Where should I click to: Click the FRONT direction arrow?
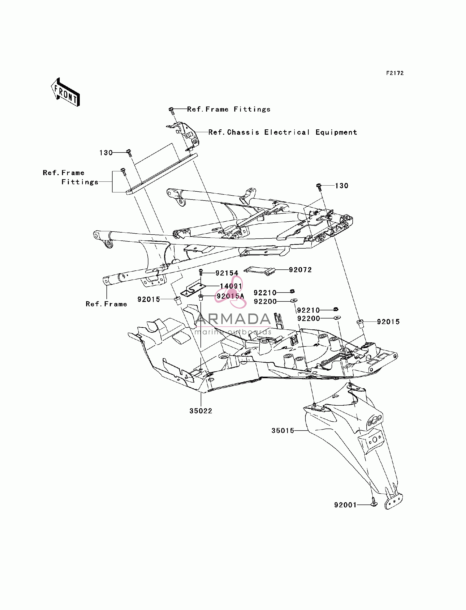click(x=66, y=92)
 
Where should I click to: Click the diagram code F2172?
click(x=395, y=73)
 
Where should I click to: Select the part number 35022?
click(x=201, y=411)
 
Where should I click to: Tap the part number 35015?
click(x=283, y=431)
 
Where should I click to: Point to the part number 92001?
click(x=345, y=505)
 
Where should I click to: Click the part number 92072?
click(x=300, y=270)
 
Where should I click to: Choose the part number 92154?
click(x=227, y=273)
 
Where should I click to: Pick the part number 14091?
click(x=231, y=286)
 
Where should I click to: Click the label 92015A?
click(x=230, y=296)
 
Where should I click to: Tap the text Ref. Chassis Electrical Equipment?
click(x=283, y=132)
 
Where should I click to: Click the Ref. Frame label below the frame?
click(x=106, y=304)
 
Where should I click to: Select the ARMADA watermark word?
click(x=233, y=319)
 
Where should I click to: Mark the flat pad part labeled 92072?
click(x=259, y=271)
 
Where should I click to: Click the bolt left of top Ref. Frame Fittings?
click(x=172, y=111)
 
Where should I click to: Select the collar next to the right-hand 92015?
click(x=360, y=324)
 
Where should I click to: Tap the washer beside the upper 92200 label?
click(x=294, y=300)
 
